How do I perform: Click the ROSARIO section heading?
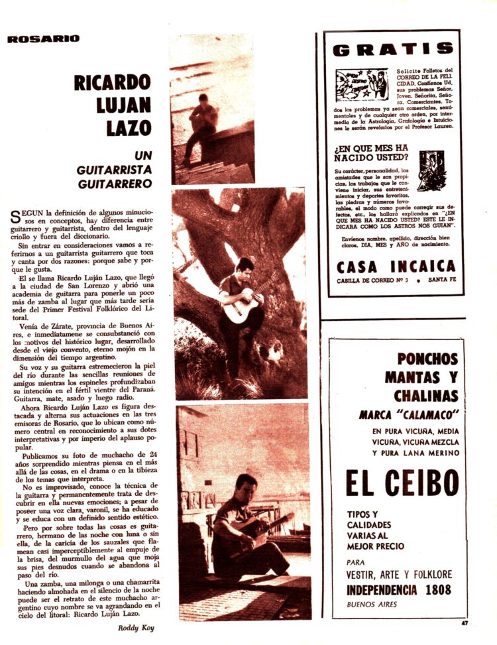tap(43, 38)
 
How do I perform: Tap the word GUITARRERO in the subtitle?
tap(115, 184)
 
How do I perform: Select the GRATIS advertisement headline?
tap(393, 49)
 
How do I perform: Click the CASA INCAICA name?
tap(396, 266)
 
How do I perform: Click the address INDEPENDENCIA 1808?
tap(398, 589)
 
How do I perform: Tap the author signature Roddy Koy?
tap(137, 627)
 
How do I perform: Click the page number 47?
tap(467, 622)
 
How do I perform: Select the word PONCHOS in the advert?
tap(427, 359)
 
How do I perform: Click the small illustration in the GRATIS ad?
tap(361, 84)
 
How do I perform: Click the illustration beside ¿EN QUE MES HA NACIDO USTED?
tap(431, 170)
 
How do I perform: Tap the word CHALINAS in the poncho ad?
tap(425, 396)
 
